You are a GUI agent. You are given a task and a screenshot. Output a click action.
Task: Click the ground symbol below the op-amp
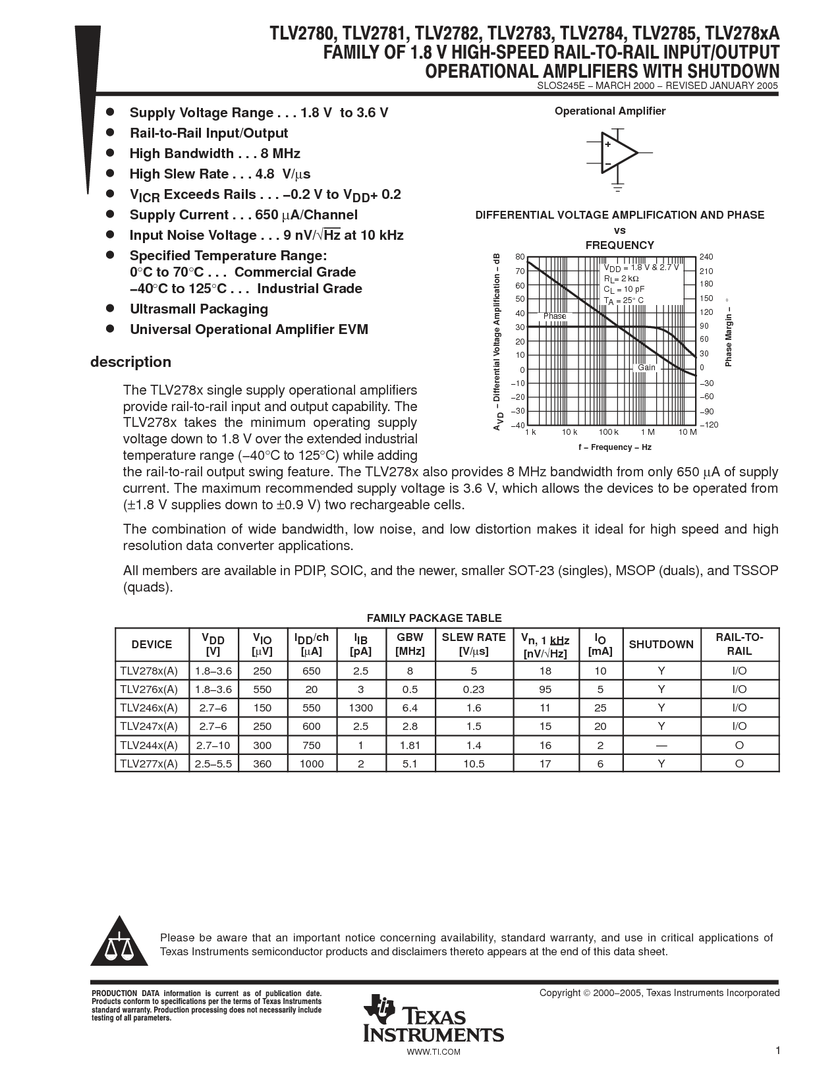[x=617, y=188]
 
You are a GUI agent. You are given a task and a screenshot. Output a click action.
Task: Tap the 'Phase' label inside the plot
[x=555, y=316]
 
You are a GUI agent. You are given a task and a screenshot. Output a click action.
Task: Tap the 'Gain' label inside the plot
[x=646, y=368]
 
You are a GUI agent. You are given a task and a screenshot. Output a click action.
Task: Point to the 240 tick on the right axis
[x=706, y=257]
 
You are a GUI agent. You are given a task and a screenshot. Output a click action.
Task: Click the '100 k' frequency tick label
[x=609, y=432]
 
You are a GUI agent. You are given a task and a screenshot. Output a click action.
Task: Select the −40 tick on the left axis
[x=518, y=425]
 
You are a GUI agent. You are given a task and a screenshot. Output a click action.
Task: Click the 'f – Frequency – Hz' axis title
[x=615, y=447]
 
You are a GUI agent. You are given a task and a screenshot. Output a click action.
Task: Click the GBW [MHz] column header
[x=410, y=644]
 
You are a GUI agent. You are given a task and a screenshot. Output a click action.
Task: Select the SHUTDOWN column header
[x=661, y=644]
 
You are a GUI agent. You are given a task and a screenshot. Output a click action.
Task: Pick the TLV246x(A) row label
[x=149, y=708]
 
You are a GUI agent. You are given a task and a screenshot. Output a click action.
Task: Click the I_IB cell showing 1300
[x=360, y=708]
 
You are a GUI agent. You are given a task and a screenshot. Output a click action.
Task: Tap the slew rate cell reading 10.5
[x=473, y=764]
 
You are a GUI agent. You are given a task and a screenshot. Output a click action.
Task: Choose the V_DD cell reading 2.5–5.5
[x=213, y=764]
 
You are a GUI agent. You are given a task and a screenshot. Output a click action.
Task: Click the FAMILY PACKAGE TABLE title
[x=434, y=618]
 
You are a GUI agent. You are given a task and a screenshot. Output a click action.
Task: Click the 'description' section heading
[x=130, y=362]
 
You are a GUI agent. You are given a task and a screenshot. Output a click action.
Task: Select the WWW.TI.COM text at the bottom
[x=434, y=1051]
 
